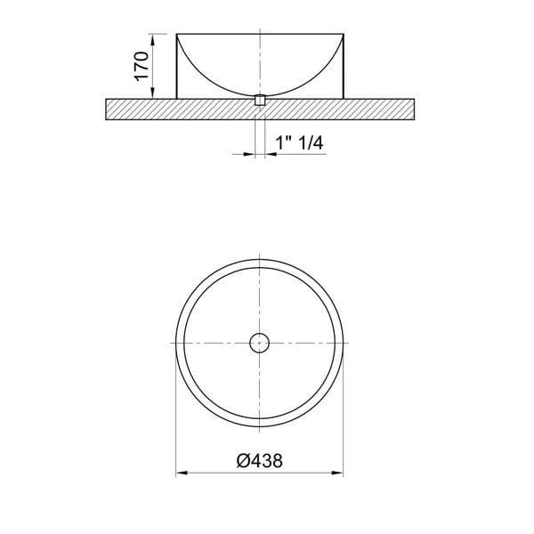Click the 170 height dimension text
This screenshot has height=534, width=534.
click(141, 66)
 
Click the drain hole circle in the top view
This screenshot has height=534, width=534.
click(259, 342)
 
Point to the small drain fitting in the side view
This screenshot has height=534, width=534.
click(259, 101)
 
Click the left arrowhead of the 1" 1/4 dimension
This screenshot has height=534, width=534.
click(250, 154)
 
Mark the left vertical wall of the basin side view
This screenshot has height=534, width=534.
click(176, 67)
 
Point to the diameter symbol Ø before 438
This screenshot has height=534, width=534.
click(242, 462)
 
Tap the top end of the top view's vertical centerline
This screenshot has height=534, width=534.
click(259, 246)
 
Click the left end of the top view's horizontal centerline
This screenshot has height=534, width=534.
click(164, 342)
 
